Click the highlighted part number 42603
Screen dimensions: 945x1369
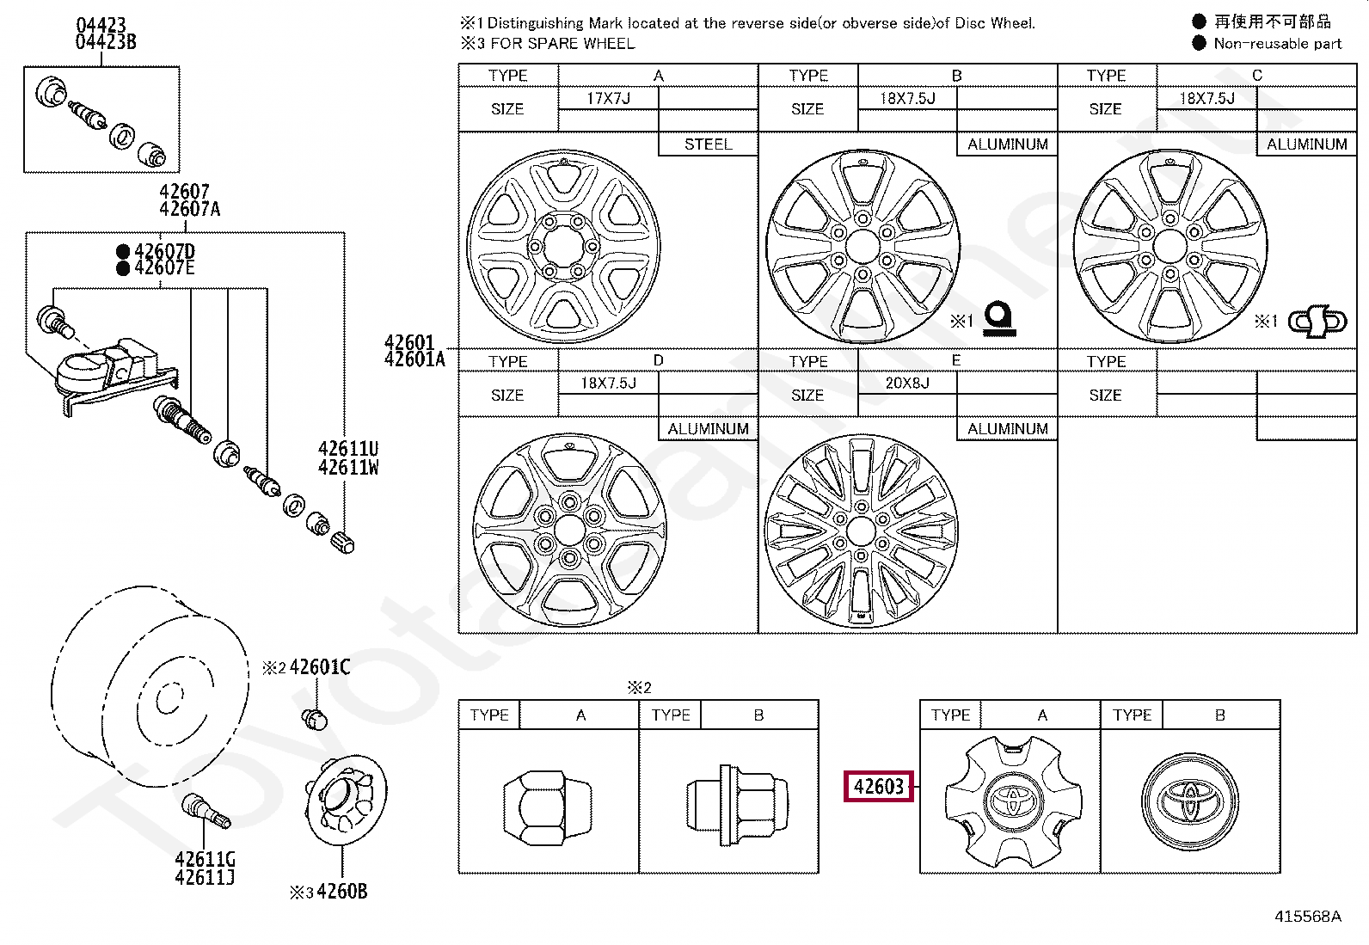coord(878,786)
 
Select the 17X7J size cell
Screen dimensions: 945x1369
coord(608,98)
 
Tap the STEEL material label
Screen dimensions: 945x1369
coord(708,144)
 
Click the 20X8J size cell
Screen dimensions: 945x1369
coord(907,383)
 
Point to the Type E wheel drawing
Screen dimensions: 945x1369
coord(861,531)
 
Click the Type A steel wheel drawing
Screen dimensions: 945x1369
coord(564,247)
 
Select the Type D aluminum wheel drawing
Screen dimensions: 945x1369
coord(569,530)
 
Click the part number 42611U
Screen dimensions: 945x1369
coord(347,449)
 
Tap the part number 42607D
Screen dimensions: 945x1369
coord(164,251)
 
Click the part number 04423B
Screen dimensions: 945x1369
coord(105,42)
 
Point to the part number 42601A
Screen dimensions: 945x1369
coord(414,359)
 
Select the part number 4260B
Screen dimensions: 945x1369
coord(341,892)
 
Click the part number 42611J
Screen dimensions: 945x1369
coord(205,877)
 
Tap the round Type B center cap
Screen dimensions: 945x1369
coord(1190,801)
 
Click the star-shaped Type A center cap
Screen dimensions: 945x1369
coord(1012,800)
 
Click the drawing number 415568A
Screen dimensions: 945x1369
coord(1307,917)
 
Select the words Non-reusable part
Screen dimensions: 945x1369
coord(1277,44)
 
